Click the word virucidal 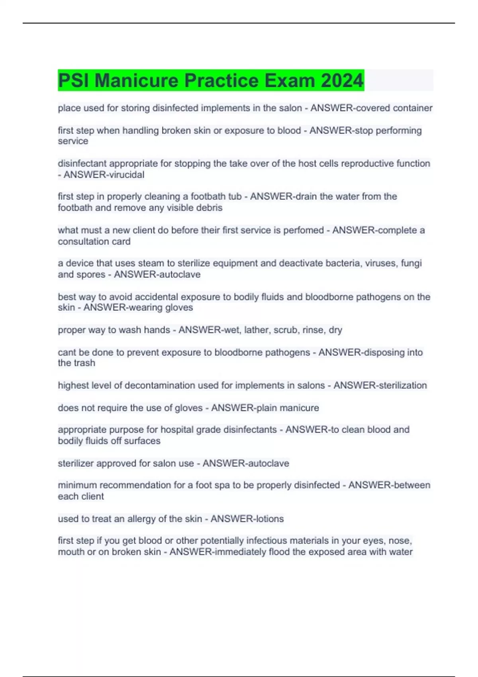coord(124,174)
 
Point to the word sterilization coord(403,385)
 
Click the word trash coord(84,363)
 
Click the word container coord(413,108)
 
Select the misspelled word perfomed coord(303,230)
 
